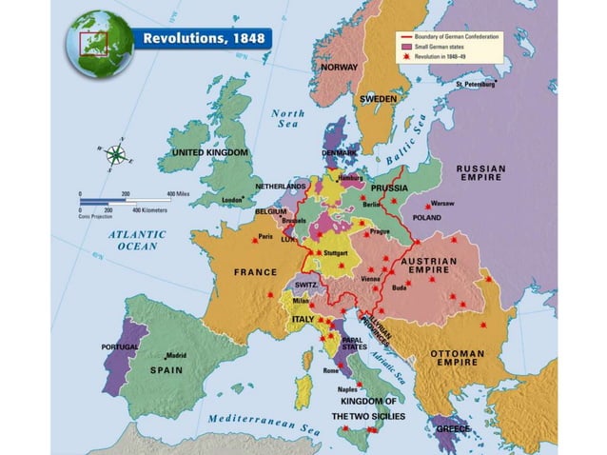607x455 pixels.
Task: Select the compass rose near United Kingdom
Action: (116, 153)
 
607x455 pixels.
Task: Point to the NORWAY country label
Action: (340, 68)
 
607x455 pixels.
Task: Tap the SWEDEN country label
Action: (378, 98)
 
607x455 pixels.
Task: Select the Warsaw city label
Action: (443, 204)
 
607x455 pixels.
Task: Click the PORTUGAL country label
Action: (121, 346)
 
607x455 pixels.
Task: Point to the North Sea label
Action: (288, 119)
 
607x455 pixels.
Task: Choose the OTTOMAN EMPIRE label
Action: (458, 359)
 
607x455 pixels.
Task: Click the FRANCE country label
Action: (255, 272)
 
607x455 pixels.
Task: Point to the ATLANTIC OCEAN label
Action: (136, 240)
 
